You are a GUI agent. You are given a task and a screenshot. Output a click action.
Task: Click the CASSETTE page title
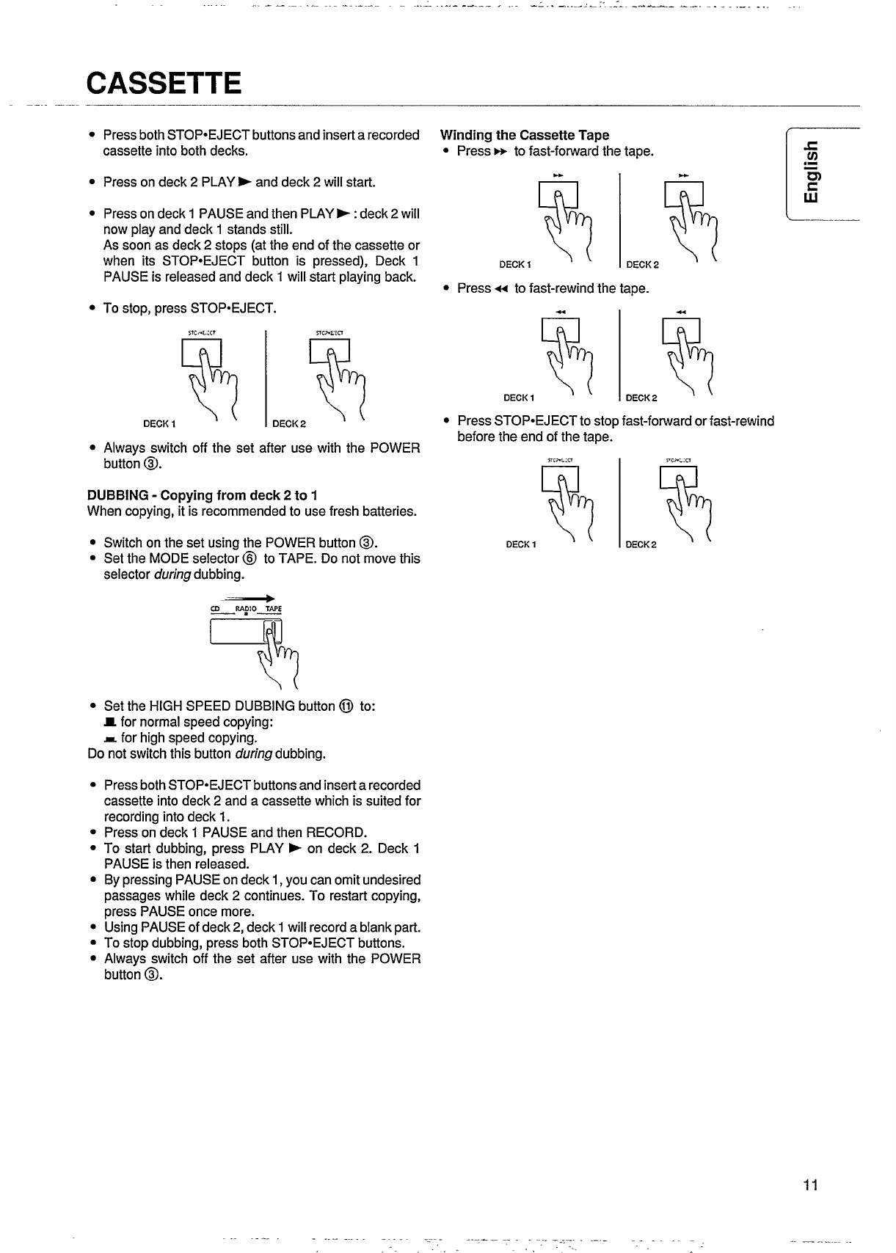(x=163, y=83)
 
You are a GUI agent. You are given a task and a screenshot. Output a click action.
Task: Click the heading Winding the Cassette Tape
(x=524, y=135)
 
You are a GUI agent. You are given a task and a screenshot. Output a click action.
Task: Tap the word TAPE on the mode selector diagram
(x=273, y=610)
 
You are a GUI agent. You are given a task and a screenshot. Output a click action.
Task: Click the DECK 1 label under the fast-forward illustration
(x=515, y=265)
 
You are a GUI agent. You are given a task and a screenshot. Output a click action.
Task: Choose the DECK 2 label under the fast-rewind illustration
(x=641, y=398)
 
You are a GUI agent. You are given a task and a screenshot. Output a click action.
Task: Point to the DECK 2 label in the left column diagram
(x=288, y=423)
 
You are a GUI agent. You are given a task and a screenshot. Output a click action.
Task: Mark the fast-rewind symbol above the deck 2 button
(x=682, y=313)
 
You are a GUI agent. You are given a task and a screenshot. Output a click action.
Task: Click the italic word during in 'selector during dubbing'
(x=172, y=574)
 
